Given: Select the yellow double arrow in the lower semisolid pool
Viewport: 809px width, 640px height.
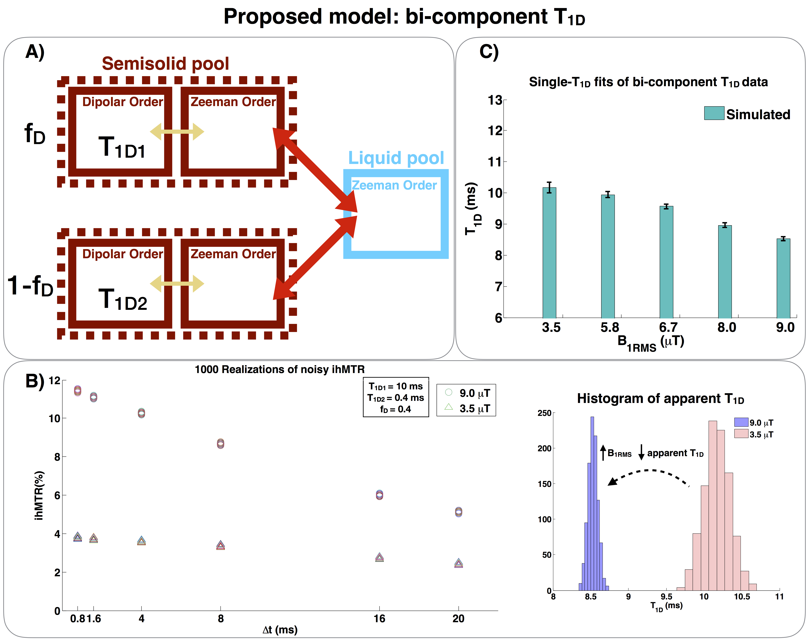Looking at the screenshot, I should (177, 284).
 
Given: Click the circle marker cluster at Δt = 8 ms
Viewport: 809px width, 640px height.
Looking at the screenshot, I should (220, 444).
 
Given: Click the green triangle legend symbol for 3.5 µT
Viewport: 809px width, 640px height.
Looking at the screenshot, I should (448, 407).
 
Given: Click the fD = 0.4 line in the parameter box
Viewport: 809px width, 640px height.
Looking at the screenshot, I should (395, 409).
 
